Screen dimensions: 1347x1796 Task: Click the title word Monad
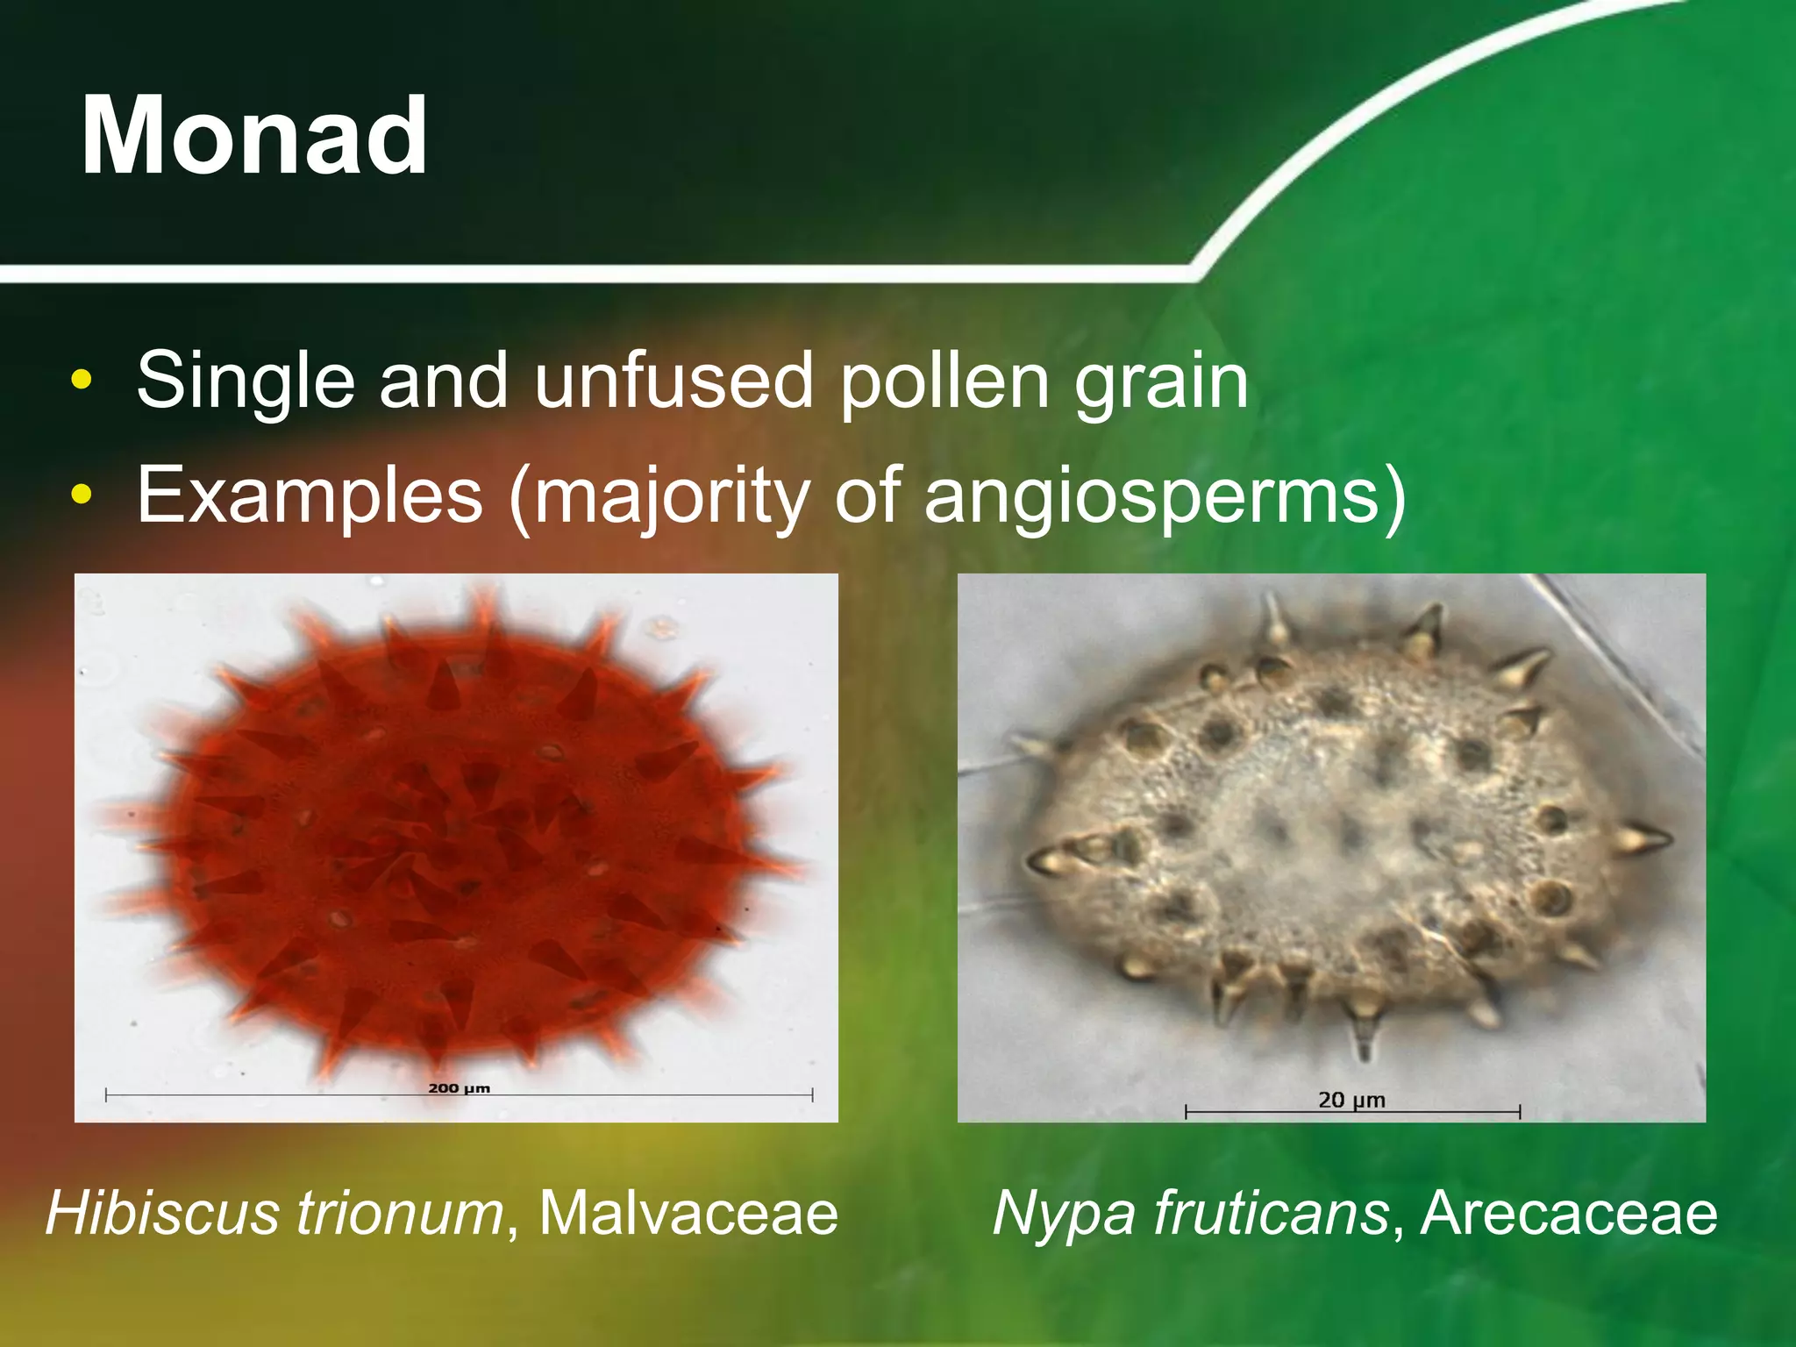pos(254,136)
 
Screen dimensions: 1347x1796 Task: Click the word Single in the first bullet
pos(246,381)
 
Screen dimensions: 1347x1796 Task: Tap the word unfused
pos(673,381)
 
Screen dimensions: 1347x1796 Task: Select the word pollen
pos(944,381)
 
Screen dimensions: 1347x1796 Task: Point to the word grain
pos(1161,382)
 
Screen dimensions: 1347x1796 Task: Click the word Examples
pos(310,495)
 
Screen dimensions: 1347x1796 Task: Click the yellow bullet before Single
pos(82,381)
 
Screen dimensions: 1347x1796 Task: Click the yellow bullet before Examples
pos(82,495)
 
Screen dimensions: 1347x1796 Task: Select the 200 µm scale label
pos(459,1088)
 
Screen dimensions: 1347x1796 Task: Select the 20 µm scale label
pos(1351,1100)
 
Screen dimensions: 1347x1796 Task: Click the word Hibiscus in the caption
pos(163,1213)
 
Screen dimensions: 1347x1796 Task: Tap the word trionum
pos(399,1213)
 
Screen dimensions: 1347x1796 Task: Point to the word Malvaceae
pos(688,1213)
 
